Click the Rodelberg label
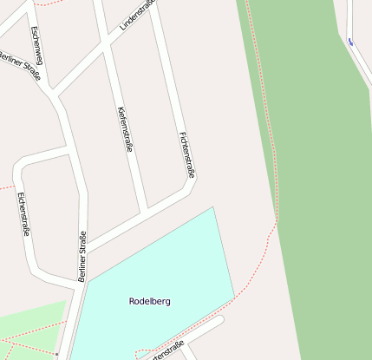coord(149,302)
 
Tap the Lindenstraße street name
coord(137,16)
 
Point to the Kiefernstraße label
coord(124,129)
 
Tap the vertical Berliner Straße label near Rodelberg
coord(82,257)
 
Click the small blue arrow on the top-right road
coord(350,42)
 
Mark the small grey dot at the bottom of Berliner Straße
coord(56,354)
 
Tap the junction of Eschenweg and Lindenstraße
coord(55,90)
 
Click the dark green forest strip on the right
coord(312,173)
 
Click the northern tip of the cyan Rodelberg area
coord(212,208)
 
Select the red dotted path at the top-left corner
coord(43,4)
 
